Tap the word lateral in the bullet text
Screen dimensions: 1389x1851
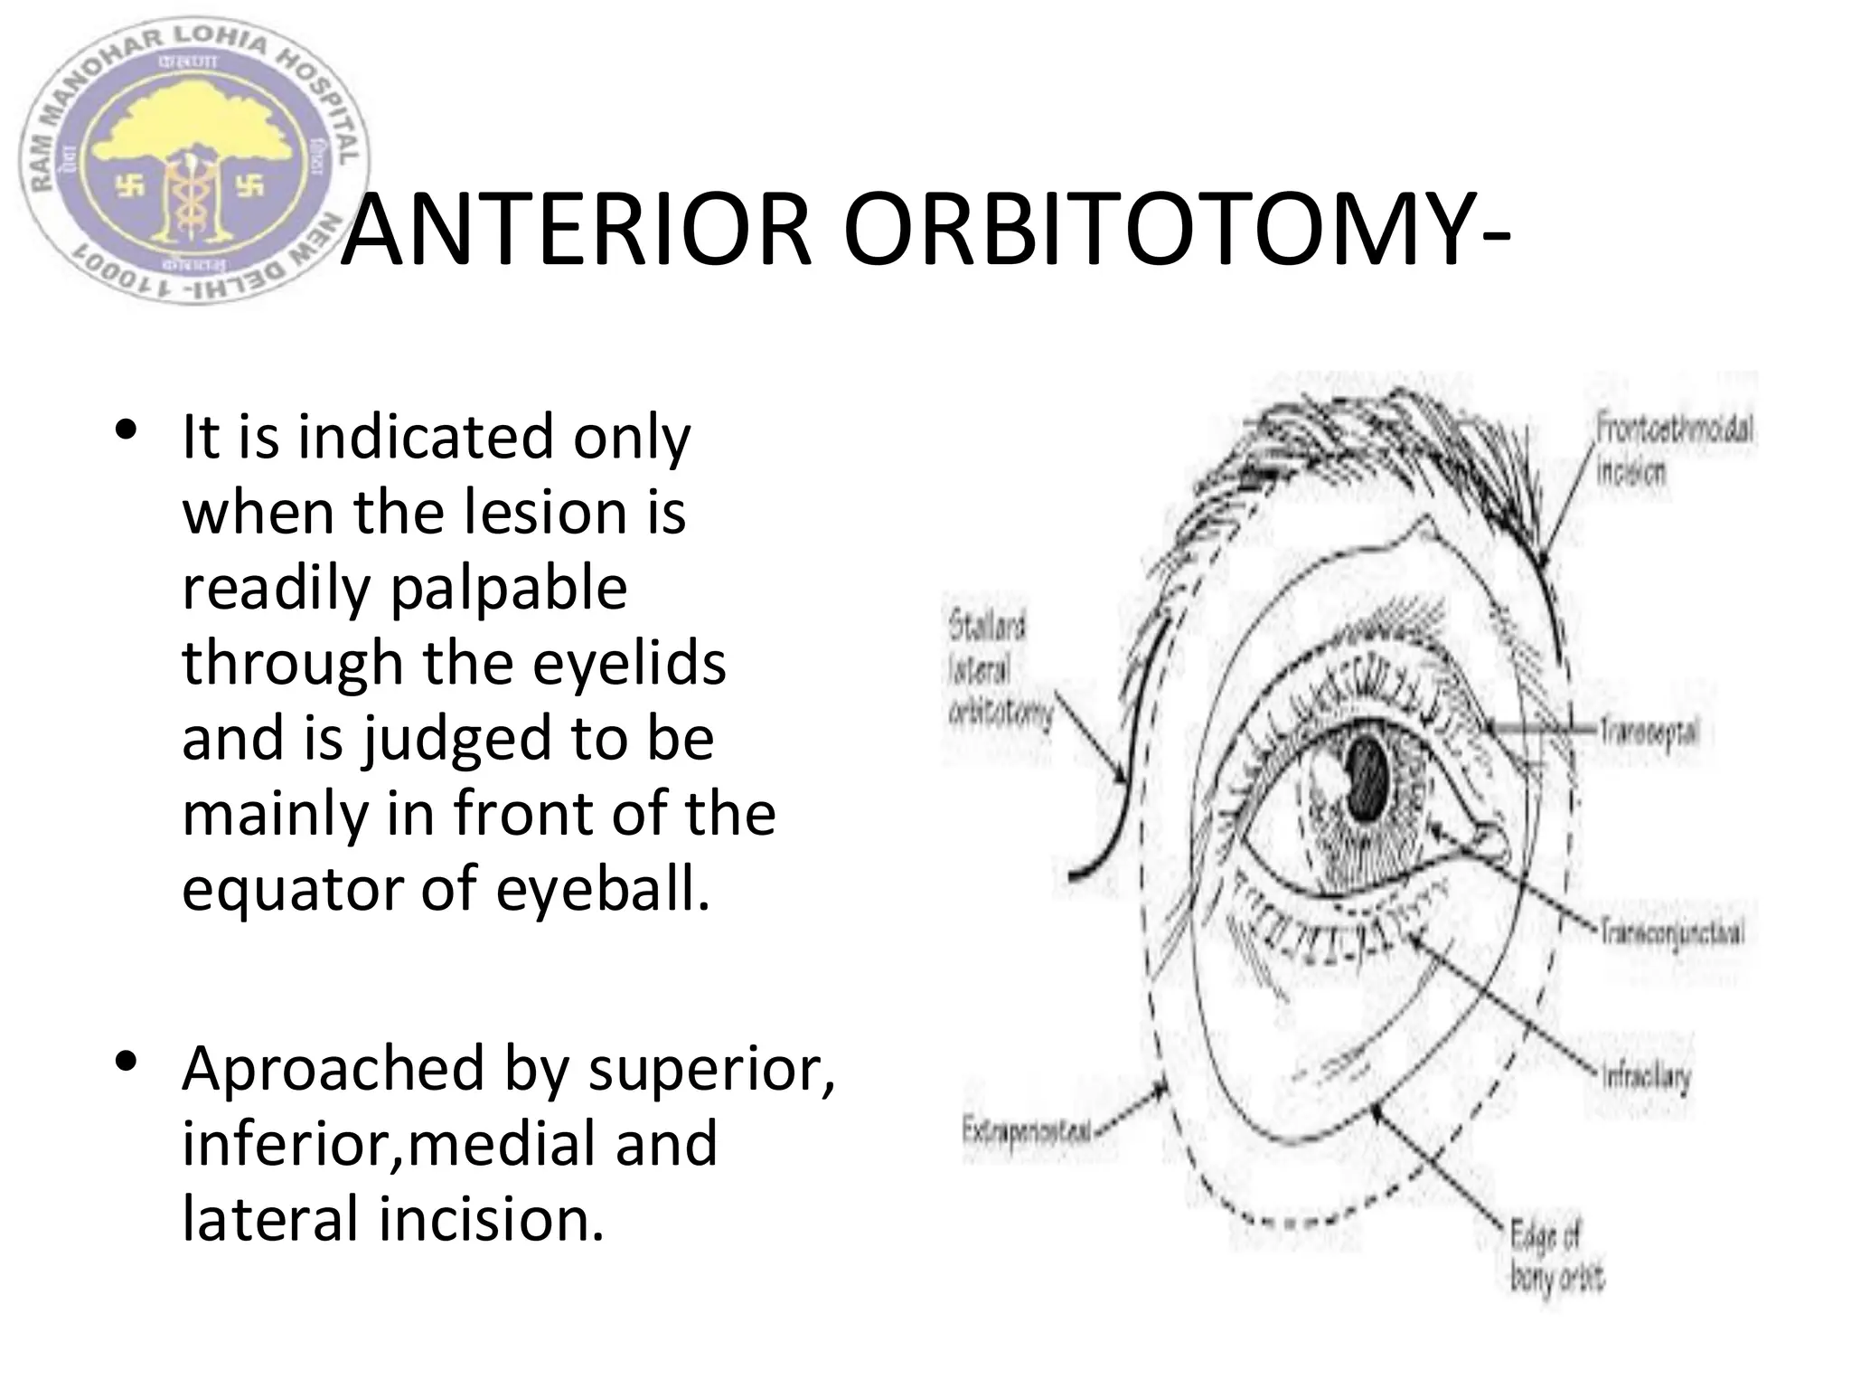pyautogui.click(x=270, y=1219)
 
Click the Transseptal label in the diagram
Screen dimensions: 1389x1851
pyautogui.click(x=1649, y=731)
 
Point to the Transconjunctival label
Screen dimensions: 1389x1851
pyautogui.click(x=1672, y=931)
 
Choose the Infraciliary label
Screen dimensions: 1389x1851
pyautogui.click(x=1645, y=1076)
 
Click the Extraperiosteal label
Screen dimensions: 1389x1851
pyautogui.click(x=1027, y=1130)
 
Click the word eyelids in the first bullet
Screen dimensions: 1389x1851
pyautogui.click(x=629, y=663)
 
